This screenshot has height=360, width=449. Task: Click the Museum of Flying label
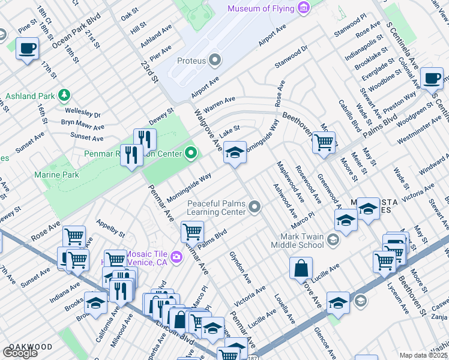point(260,8)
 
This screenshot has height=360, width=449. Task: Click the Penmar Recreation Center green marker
point(191,154)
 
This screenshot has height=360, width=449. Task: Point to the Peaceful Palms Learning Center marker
point(255,207)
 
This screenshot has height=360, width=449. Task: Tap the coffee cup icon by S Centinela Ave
point(432,79)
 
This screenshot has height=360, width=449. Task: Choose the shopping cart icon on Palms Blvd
point(193,231)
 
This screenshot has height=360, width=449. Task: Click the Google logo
point(20,353)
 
